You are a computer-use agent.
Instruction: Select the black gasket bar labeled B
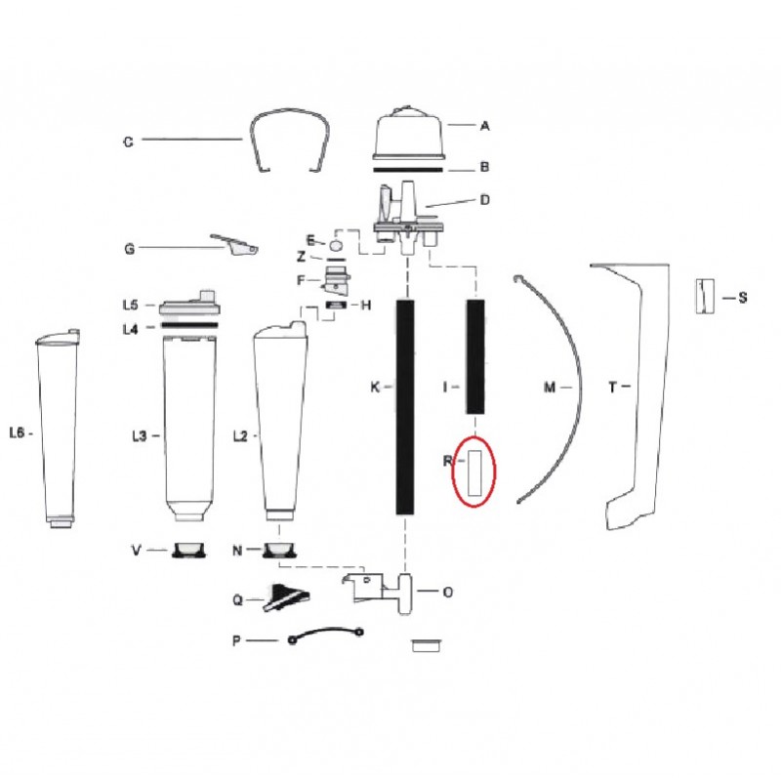(408, 170)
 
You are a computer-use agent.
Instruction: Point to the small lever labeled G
(235, 245)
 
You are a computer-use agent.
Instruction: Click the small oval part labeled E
(335, 245)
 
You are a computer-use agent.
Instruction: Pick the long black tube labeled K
(405, 406)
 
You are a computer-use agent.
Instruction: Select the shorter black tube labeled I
(475, 356)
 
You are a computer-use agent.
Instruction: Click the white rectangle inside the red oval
(474, 473)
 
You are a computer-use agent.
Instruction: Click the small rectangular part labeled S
(705, 297)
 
